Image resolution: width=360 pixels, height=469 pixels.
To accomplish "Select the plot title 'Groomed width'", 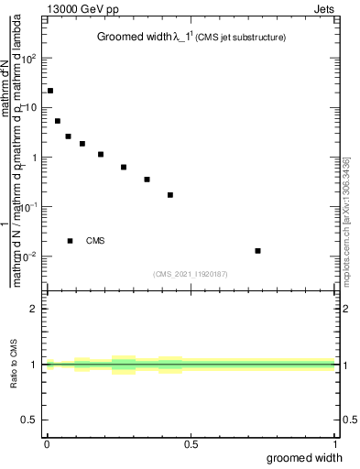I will tap(133, 38).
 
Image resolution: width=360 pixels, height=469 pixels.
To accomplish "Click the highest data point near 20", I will tap(50, 91).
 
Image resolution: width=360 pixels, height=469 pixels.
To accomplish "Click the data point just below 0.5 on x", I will tap(170, 195).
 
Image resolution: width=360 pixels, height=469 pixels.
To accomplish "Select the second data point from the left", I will tap(58, 121).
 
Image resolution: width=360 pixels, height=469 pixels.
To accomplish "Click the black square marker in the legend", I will tap(70, 241).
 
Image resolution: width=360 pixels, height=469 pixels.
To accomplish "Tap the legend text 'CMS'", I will tap(95, 241).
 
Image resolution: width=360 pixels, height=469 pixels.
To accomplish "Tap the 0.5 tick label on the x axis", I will tap(191, 444).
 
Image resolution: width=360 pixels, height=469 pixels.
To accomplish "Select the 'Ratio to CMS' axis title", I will tap(15, 365).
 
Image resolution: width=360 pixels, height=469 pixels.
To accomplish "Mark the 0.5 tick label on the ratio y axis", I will tap(31, 420).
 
